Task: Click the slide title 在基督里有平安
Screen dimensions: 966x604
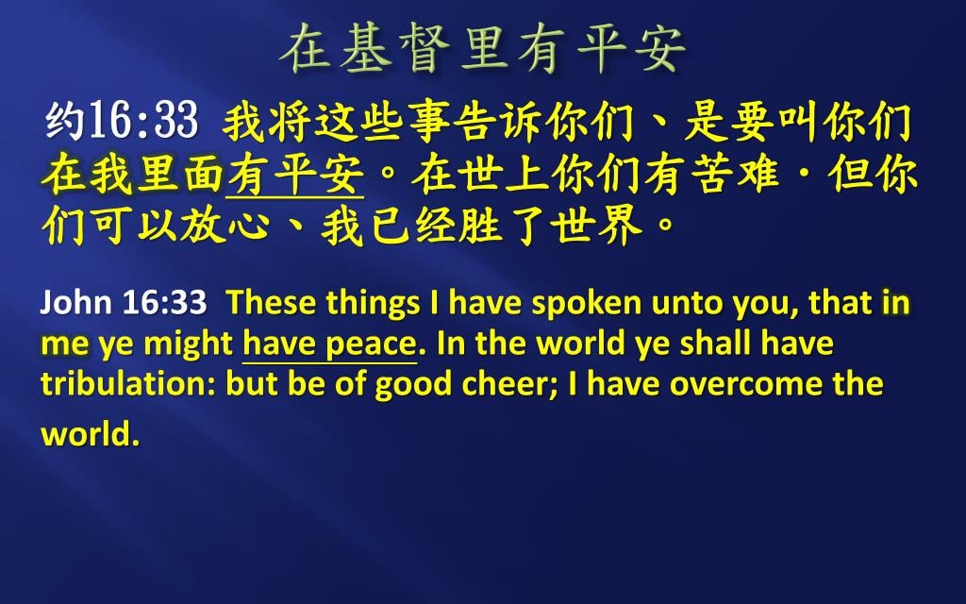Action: (x=483, y=49)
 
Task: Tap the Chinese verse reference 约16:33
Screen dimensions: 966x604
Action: (x=122, y=120)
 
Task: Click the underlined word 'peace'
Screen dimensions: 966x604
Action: (x=372, y=344)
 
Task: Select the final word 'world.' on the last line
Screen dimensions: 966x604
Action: (x=90, y=434)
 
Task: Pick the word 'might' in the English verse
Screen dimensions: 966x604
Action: (x=188, y=344)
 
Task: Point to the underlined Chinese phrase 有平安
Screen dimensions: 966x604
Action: (x=295, y=175)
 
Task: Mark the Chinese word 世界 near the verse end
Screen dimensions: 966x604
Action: (x=596, y=226)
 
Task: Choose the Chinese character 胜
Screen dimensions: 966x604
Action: (x=482, y=226)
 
